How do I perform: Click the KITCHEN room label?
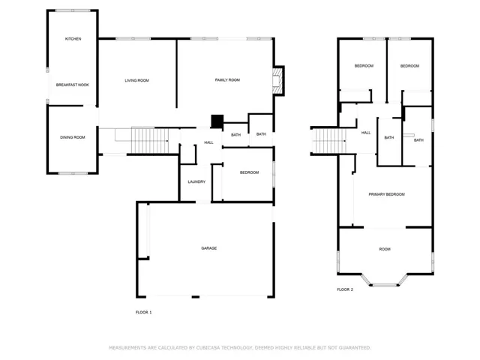73,39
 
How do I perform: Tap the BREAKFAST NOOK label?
73,85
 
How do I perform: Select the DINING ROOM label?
73,137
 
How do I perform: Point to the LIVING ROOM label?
136,80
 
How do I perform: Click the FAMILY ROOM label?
227,80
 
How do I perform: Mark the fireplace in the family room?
277,81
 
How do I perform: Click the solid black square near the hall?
217,121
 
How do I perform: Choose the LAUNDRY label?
196,181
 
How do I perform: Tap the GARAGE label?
209,248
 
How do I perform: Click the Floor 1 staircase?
150,140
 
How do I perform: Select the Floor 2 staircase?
329,140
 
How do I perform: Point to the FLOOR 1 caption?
143,312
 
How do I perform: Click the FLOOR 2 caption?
345,289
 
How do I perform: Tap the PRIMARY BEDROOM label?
387,194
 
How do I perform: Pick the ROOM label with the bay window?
385,249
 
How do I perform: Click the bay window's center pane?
385,285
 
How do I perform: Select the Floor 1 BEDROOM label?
250,172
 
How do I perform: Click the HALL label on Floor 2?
366,133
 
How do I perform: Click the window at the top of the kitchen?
73,10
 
